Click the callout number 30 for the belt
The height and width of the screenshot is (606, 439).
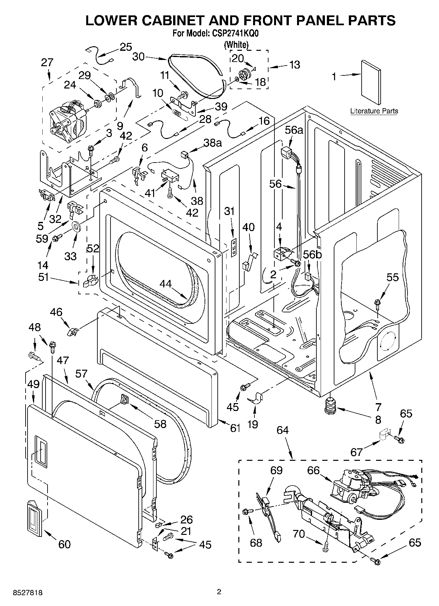click(138, 57)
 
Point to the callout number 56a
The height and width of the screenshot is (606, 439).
click(294, 130)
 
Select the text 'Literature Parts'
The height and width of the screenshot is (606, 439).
click(374, 111)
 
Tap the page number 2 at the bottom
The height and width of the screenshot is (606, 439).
click(219, 592)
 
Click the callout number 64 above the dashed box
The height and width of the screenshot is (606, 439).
click(282, 430)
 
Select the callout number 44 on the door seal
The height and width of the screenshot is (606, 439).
click(166, 283)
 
